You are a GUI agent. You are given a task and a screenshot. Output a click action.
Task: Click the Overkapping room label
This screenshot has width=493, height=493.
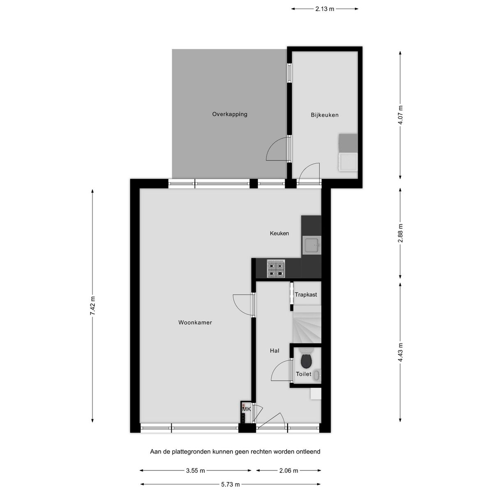point(230,114)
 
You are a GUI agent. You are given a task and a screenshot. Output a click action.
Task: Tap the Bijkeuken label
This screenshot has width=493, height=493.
point(325,115)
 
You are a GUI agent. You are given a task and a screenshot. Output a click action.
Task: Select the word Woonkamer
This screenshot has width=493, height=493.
point(195,323)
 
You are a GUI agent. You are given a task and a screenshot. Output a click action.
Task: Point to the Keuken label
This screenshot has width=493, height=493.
point(279,233)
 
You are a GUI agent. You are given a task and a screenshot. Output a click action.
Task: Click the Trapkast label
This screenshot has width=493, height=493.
point(306,295)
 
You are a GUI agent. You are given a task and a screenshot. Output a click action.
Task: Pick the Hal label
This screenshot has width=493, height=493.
point(274,350)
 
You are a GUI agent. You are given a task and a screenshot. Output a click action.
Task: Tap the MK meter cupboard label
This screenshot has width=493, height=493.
point(246,410)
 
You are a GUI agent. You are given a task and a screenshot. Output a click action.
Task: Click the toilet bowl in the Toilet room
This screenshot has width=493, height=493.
point(306,360)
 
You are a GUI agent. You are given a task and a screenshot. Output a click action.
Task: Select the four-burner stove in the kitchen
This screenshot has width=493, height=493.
point(276,269)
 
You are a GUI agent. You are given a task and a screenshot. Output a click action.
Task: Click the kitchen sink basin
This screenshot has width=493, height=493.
point(311,245)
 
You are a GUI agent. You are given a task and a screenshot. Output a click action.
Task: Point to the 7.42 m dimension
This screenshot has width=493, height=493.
point(92,306)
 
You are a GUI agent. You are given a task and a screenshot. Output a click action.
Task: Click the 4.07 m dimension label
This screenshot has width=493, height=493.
point(401,115)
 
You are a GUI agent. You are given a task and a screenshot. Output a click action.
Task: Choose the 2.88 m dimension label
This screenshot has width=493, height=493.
point(401,233)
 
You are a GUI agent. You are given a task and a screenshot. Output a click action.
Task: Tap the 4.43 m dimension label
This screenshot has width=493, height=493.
point(401,352)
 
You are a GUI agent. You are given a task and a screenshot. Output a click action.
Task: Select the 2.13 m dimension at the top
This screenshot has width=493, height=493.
point(325,9)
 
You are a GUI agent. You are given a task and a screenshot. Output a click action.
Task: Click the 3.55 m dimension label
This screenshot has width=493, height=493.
point(196,470)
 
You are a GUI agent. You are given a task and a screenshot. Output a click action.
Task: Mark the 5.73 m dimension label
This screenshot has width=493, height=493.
point(230,484)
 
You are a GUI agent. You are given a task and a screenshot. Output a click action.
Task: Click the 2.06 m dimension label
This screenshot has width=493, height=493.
point(288,470)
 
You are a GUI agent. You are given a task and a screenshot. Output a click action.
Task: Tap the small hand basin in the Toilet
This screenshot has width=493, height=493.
point(317,376)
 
